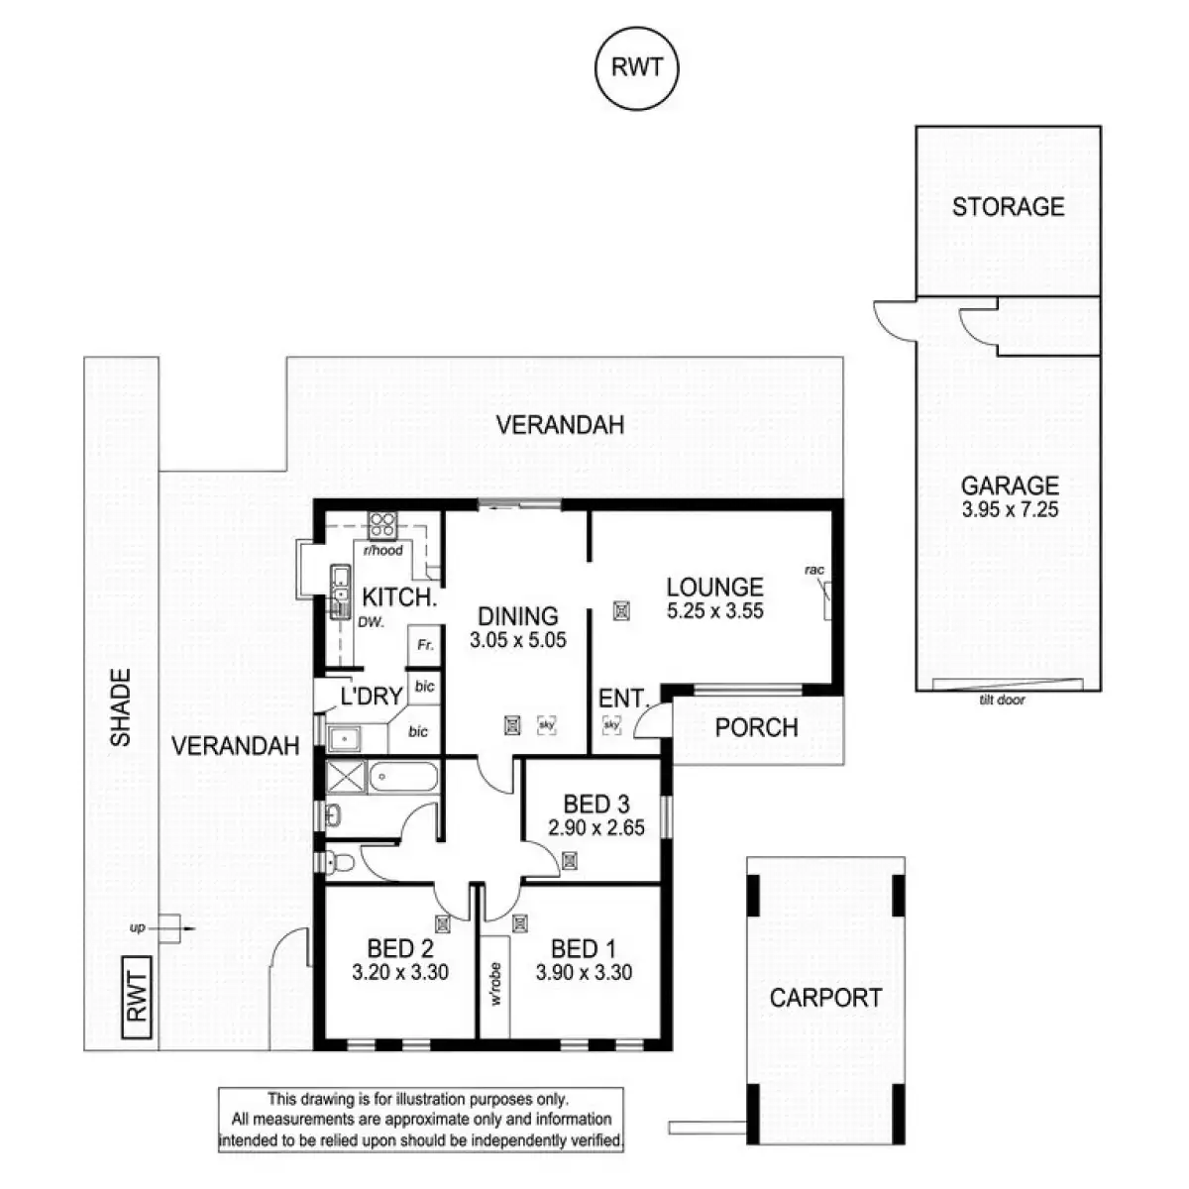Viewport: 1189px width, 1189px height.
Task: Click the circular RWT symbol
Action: (x=637, y=68)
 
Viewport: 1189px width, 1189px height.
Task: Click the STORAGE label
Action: (x=1008, y=207)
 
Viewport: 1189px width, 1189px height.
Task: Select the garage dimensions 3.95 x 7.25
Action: (x=1010, y=511)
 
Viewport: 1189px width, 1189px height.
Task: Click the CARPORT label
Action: (x=825, y=998)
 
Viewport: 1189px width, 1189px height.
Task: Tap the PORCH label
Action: (x=756, y=727)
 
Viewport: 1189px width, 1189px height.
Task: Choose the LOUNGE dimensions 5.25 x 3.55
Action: (x=714, y=611)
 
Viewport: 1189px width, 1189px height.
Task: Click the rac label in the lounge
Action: (x=814, y=570)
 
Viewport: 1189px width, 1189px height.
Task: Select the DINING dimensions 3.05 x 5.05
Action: (x=518, y=640)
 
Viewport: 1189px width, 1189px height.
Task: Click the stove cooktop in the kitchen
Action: (x=381, y=524)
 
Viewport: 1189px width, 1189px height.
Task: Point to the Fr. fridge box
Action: (x=424, y=645)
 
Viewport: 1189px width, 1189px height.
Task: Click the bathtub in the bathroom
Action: (x=402, y=777)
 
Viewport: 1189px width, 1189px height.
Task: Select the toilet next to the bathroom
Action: (x=335, y=860)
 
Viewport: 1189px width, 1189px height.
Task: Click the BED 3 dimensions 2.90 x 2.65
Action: (x=595, y=826)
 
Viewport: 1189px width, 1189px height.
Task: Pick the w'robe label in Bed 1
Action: (x=495, y=982)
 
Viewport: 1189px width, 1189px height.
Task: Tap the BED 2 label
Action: (x=399, y=948)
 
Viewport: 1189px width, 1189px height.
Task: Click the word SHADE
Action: (x=121, y=707)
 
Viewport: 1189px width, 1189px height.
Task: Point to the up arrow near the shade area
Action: (x=170, y=928)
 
